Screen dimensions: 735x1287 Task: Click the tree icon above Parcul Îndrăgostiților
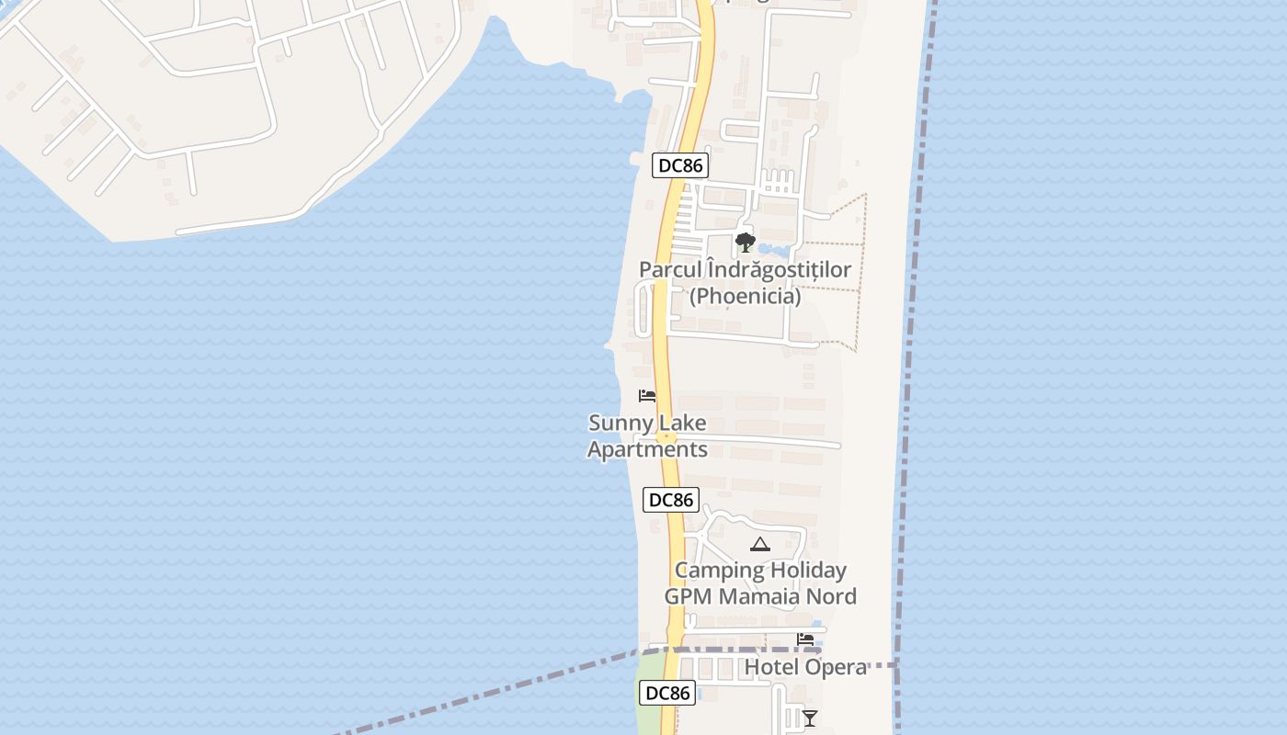[745, 243]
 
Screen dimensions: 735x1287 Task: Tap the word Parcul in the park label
[669, 270]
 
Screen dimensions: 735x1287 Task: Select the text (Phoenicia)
[745, 297]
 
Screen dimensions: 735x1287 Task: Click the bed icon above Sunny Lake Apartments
[647, 396]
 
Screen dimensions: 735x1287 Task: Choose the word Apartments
[647, 449]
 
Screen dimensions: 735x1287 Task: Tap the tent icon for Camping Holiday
[759, 544]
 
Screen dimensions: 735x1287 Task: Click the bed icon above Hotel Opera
[805, 639]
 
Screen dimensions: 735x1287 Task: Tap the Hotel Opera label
[805, 667]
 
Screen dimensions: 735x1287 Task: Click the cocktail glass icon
[809, 718]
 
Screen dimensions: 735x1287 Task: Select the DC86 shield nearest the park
[679, 166]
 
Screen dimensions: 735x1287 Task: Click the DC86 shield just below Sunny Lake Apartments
[670, 500]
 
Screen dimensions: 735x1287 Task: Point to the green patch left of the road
[649, 698]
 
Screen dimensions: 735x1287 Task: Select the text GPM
[689, 596]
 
